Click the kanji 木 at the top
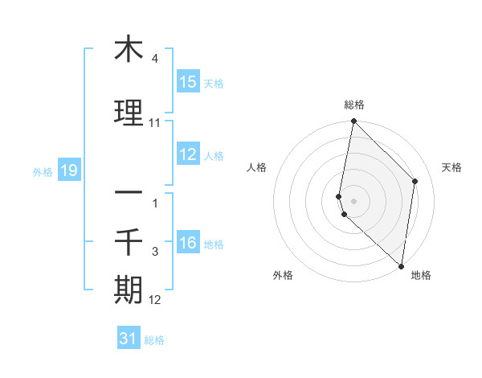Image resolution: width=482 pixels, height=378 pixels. tap(129, 49)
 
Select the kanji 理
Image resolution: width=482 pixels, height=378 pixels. tap(129, 113)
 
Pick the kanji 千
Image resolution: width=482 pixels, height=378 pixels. tap(129, 241)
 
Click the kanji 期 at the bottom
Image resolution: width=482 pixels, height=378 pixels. tap(129, 289)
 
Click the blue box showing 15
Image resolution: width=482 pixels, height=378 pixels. tap(188, 82)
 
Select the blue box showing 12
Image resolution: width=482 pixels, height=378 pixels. tap(188, 154)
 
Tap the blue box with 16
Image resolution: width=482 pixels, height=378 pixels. tap(188, 243)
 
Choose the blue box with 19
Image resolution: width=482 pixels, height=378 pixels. tap(69, 171)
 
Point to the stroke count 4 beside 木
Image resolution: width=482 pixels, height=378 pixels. tap(154, 59)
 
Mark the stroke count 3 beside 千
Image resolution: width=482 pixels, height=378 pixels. tap(154, 252)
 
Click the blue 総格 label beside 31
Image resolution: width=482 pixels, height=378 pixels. tap(154, 340)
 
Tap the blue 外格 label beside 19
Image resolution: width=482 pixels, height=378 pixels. tap(43, 171)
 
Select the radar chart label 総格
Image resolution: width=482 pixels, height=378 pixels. tap(353, 105)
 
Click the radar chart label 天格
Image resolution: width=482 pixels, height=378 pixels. tap(451, 167)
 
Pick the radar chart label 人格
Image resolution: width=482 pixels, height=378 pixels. tap(257, 167)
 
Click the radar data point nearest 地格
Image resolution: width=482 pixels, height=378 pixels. tap(401, 266)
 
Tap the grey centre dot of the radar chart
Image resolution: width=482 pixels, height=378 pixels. tap(353, 200)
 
